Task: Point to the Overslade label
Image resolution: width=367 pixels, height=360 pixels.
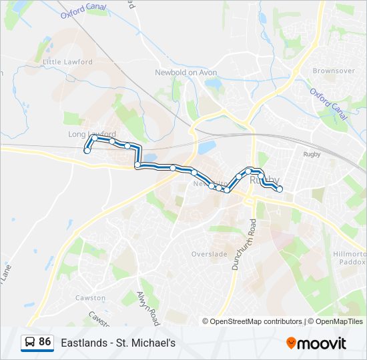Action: pyautogui.click(x=210, y=254)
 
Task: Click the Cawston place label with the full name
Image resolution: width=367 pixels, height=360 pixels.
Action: pyautogui.click(x=90, y=298)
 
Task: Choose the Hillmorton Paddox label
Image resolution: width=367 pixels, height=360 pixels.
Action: pyautogui.click(x=348, y=257)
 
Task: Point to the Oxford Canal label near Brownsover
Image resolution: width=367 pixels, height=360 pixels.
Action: pyautogui.click(x=329, y=103)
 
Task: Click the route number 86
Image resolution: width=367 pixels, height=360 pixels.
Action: pyautogui.click(x=45, y=342)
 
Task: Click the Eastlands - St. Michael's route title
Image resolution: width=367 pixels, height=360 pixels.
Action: pyautogui.click(x=118, y=343)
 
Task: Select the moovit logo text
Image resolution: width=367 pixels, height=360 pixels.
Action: pyautogui.click(x=323, y=343)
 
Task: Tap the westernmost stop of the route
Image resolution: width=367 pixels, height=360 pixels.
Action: pyautogui.click(x=87, y=151)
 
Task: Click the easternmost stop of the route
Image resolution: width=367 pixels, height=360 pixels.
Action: pyautogui.click(x=280, y=189)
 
